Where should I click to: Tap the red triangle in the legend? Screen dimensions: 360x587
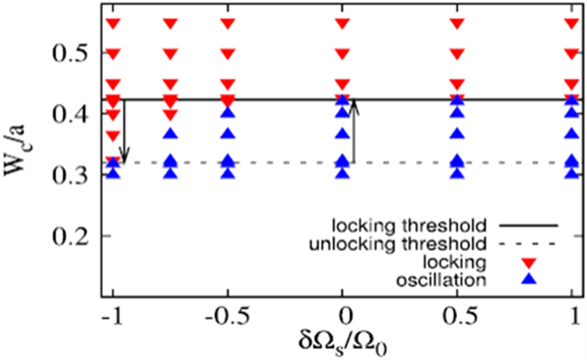527,263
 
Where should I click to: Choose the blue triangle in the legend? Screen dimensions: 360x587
527,280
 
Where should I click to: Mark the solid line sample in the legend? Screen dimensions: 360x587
527,226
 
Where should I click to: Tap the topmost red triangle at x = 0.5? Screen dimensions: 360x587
457,23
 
